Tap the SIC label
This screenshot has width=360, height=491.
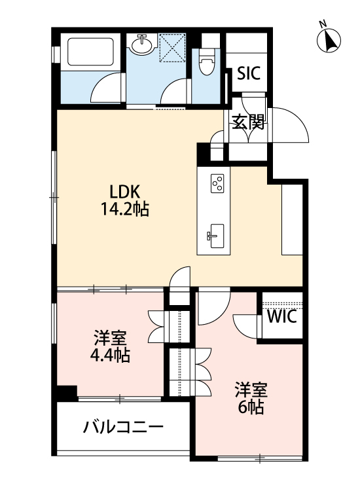coord(249,73)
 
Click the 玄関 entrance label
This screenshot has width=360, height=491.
coord(248,122)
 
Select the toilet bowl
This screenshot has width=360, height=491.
coord(206,63)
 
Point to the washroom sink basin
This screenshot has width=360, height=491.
coord(143,45)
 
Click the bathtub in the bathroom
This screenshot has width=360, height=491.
coord(90,52)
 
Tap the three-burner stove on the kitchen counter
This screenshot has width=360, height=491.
coord(217,183)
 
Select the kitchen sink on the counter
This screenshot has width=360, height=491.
coord(216,236)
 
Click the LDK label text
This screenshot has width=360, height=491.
coord(124,192)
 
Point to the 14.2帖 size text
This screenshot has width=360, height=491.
coord(124,209)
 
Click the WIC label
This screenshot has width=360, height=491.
coord(282,316)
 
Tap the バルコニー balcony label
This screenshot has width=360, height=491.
coord(123,427)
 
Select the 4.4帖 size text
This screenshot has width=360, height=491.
coord(110,355)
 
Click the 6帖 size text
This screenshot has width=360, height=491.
coord(251,407)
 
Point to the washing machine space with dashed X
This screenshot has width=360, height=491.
coord(173,48)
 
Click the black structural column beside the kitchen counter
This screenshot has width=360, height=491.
coord(203,155)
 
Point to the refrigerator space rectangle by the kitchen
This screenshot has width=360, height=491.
coord(292,219)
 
